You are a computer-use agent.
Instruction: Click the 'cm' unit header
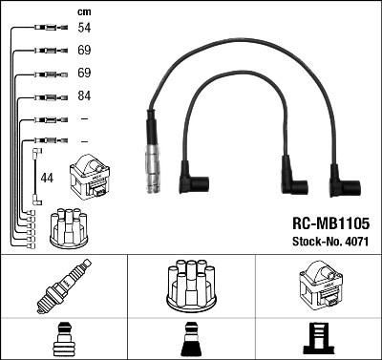point(82,12)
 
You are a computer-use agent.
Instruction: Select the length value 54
point(84,30)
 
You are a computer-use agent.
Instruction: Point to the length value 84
point(84,96)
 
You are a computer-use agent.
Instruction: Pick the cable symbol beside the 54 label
point(46,30)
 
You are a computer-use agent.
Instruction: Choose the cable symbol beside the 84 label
point(46,96)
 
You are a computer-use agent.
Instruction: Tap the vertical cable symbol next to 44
point(36,176)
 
